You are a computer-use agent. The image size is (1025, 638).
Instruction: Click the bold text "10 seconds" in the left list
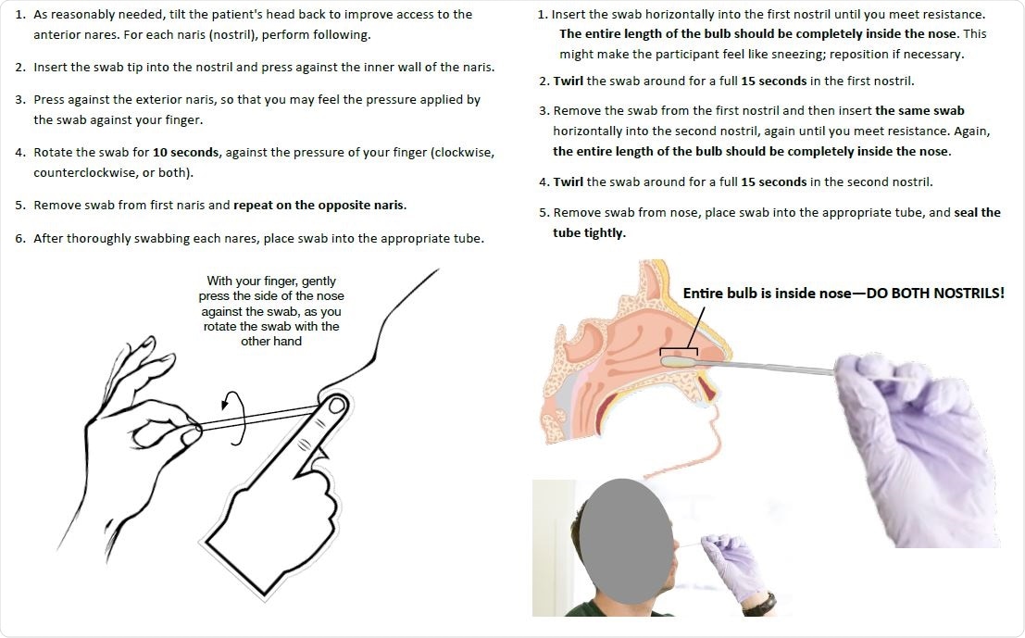point(186,153)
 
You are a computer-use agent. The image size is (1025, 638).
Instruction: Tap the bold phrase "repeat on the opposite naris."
point(319,206)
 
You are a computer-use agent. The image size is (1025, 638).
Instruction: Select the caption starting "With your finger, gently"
point(271,310)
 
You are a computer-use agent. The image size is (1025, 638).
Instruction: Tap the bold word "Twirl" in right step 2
point(569,81)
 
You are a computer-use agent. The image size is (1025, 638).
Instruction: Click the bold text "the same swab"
point(919,111)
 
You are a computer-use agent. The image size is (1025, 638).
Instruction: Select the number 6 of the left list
point(19,239)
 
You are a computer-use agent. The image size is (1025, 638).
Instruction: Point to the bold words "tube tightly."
point(589,233)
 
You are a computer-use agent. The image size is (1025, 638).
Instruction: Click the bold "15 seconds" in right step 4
point(774,182)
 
